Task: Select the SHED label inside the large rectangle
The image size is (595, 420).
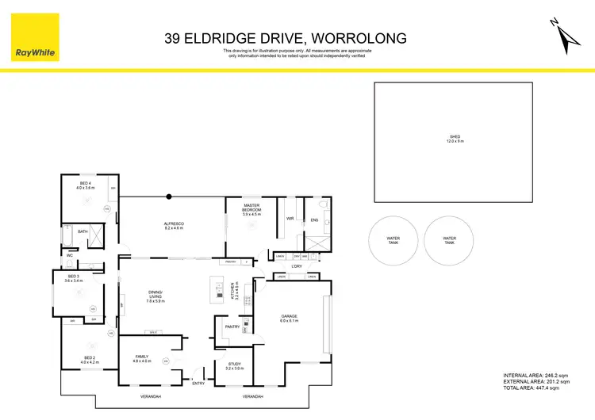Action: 454,139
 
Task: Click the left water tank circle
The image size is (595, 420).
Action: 393,239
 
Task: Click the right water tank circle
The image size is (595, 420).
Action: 450,239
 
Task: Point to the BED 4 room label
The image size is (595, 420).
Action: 84,185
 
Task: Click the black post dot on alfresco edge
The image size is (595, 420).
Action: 168,197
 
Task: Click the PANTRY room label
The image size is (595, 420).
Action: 232,326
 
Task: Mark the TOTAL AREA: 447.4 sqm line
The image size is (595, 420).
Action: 536,388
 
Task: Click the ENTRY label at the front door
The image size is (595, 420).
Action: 198,383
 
